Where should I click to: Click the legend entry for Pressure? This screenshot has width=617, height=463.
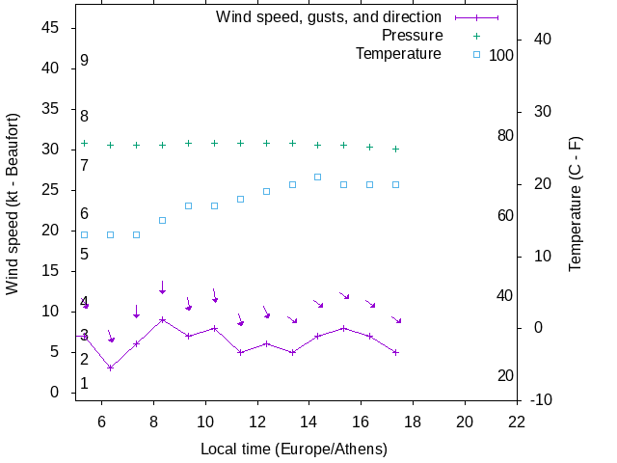pyautogui.click(x=412, y=36)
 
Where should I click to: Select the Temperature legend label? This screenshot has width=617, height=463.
pyautogui.click(x=398, y=54)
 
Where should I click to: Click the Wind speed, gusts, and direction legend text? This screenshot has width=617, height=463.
pyautogui.click(x=329, y=17)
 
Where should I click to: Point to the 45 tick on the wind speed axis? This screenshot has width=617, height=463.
pyautogui.click(x=52, y=28)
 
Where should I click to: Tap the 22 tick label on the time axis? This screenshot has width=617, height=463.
pyautogui.click(x=517, y=422)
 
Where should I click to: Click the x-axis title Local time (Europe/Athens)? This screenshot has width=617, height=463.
pyautogui.click(x=294, y=449)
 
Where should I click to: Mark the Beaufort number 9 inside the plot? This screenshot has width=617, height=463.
pyautogui.click(x=85, y=61)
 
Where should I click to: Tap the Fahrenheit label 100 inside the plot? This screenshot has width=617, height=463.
pyautogui.click(x=501, y=55)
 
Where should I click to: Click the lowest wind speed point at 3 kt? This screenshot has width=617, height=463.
pyautogui.click(x=111, y=368)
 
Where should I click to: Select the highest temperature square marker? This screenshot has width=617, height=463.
pyautogui.click(x=317, y=177)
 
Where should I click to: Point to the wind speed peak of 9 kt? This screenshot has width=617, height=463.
pyautogui.click(x=162, y=319)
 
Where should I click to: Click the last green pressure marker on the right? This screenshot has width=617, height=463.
pyautogui.click(x=395, y=149)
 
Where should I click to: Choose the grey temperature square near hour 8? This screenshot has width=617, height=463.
pyautogui.click(x=162, y=220)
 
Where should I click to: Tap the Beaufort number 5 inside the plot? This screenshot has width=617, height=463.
pyautogui.click(x=85, y=255)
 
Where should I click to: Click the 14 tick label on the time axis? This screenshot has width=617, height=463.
pyautogui.click(x=308, y=422)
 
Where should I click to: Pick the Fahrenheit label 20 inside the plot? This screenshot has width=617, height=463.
pyautogui.click(x=505, y=376)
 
